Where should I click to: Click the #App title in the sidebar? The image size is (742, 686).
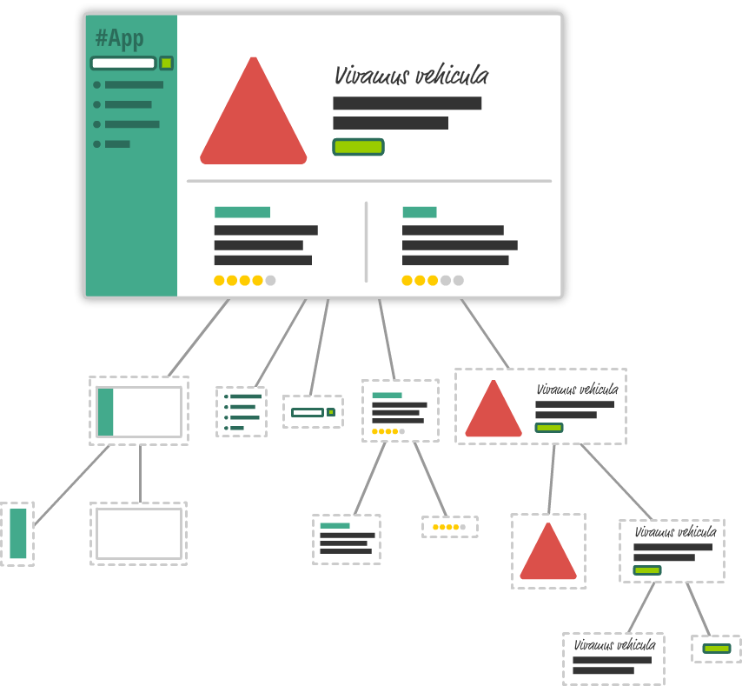119,39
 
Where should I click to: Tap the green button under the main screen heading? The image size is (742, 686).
358,147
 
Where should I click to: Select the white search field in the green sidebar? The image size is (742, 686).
123,63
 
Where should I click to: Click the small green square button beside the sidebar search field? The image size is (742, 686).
166,63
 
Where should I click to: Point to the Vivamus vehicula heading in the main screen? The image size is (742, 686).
411,76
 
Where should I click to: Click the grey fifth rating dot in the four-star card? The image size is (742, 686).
270,280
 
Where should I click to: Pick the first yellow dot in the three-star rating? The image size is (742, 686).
407,280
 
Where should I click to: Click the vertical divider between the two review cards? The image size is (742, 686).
366,242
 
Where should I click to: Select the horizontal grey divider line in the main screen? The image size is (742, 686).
369,181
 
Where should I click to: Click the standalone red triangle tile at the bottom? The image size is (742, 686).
548,551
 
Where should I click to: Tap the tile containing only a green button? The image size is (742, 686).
717,649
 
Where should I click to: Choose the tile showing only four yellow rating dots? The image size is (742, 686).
450,527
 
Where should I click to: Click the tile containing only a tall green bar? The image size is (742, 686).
17,534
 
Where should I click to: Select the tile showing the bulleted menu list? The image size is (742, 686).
242,411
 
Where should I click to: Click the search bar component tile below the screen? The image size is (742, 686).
313,411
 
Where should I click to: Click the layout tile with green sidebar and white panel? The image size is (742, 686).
139,411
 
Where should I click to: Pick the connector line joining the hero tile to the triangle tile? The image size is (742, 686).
551,479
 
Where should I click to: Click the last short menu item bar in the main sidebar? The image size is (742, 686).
117,143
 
